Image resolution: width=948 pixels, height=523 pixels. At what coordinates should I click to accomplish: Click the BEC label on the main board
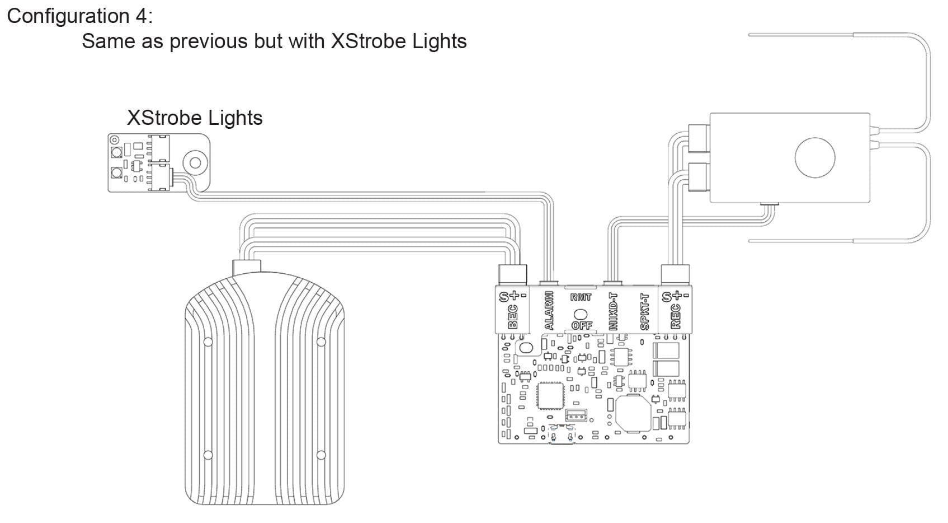point(512,316)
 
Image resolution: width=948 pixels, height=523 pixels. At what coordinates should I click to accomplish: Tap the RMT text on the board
point(581,297)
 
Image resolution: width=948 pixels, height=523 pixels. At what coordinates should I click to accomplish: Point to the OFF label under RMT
point(582,325)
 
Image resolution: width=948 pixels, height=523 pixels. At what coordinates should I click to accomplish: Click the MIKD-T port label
point(614,311)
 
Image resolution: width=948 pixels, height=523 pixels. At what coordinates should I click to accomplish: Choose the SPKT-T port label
point(645,311)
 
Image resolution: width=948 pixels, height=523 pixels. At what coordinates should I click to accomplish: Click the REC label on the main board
point(676,316)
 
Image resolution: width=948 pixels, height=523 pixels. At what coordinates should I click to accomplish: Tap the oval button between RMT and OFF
point(582,312)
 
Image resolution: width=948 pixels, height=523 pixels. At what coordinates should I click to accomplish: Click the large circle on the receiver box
point(815,157)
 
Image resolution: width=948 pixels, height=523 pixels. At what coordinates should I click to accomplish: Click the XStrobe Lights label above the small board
point(195,118)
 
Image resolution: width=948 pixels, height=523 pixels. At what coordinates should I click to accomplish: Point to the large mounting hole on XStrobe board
point(195,163)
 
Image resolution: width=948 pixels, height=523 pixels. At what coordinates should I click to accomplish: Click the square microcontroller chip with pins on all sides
point(550,396)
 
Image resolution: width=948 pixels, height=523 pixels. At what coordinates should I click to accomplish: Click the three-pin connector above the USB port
point(576,415)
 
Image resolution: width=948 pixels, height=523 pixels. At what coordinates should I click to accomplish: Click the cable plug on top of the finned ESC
point(247,267)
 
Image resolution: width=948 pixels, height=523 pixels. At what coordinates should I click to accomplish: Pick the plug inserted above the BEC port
point(512,274)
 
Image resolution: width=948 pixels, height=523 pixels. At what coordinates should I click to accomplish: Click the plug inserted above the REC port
point(676,274)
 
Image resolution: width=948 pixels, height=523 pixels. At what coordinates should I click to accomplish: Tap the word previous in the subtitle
point(210,41)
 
